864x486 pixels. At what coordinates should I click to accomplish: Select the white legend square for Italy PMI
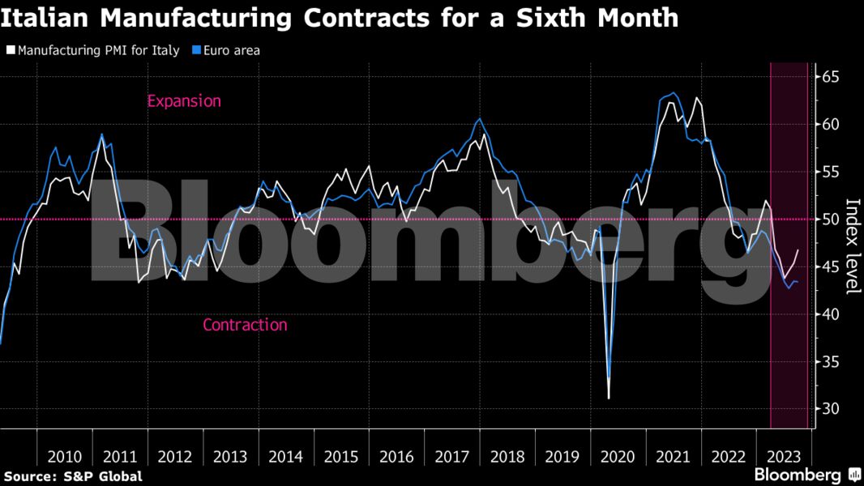pos(10,50)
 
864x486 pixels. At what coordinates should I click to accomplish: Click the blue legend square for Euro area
pos(195,50)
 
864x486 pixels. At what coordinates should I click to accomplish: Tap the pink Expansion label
pos(184,101)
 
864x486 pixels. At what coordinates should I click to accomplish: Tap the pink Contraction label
pos(245,325)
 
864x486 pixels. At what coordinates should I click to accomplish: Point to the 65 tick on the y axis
pos(831,78)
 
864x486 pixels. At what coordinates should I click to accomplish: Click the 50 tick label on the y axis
pos(831,220)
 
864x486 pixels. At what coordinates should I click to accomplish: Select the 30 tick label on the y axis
pos(831,409)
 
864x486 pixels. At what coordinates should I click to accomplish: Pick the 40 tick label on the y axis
pos(831,314)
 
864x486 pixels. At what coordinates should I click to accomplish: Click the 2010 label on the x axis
pos(65,456)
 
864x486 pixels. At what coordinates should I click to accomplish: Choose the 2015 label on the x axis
pos(341,456)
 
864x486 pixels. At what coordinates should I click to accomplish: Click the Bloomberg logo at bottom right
pos(807,475)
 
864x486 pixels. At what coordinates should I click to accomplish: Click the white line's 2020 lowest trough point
pos(609,398)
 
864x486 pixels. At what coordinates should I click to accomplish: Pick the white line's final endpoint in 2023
pos(798,250)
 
